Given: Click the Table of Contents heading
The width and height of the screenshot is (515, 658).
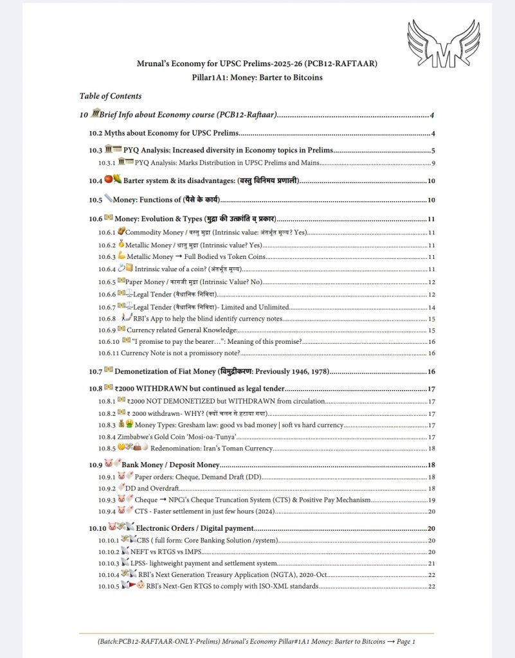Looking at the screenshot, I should [110, 96].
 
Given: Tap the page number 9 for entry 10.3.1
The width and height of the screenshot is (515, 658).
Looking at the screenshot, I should [434, 163].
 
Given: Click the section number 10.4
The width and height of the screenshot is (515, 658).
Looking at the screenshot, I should [95, 181].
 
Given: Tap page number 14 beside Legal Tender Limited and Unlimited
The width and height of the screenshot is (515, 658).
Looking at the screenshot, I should [432, 307].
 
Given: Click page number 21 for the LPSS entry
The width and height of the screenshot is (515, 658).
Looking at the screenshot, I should [432, 563].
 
